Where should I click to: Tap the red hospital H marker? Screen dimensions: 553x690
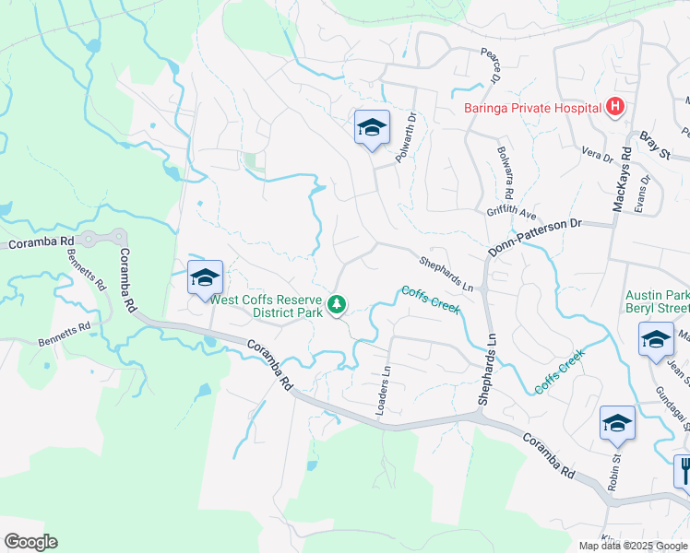[615, 108]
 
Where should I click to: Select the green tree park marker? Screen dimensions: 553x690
[338, 303]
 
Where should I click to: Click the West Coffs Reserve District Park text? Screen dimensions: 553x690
[267, 305]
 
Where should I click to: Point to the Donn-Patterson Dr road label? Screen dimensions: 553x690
[535, 237]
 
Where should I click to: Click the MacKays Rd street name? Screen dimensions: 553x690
[620, 179]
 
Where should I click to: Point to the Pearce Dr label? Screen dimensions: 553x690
[489, 65]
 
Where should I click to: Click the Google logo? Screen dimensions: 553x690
[30, 542]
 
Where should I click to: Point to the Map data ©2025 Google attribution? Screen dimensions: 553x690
[632, 546]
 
